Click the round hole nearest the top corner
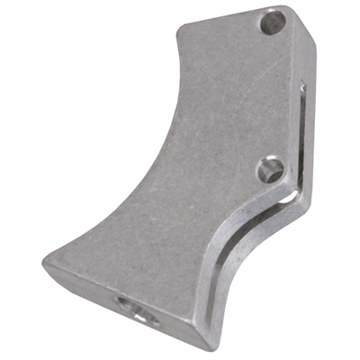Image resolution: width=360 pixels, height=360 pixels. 272,22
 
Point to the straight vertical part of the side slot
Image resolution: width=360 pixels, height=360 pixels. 301,135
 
